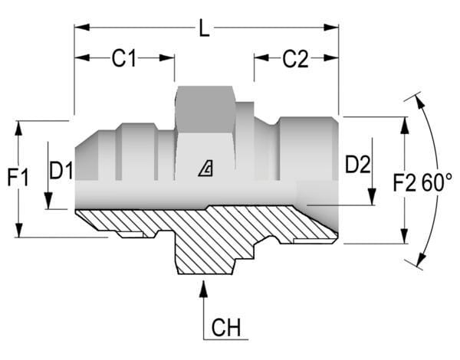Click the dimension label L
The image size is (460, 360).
203,31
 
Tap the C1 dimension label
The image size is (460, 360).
124,59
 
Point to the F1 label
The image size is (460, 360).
18,178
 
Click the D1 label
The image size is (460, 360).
61,170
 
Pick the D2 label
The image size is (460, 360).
357,164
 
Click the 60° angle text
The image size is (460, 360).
437,182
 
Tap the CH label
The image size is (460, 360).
225,329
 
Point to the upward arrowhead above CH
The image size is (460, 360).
204,288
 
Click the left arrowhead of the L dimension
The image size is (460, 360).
79,28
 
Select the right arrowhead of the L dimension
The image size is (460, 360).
333,28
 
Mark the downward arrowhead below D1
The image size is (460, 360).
48,204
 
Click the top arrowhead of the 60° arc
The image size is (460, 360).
419,99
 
